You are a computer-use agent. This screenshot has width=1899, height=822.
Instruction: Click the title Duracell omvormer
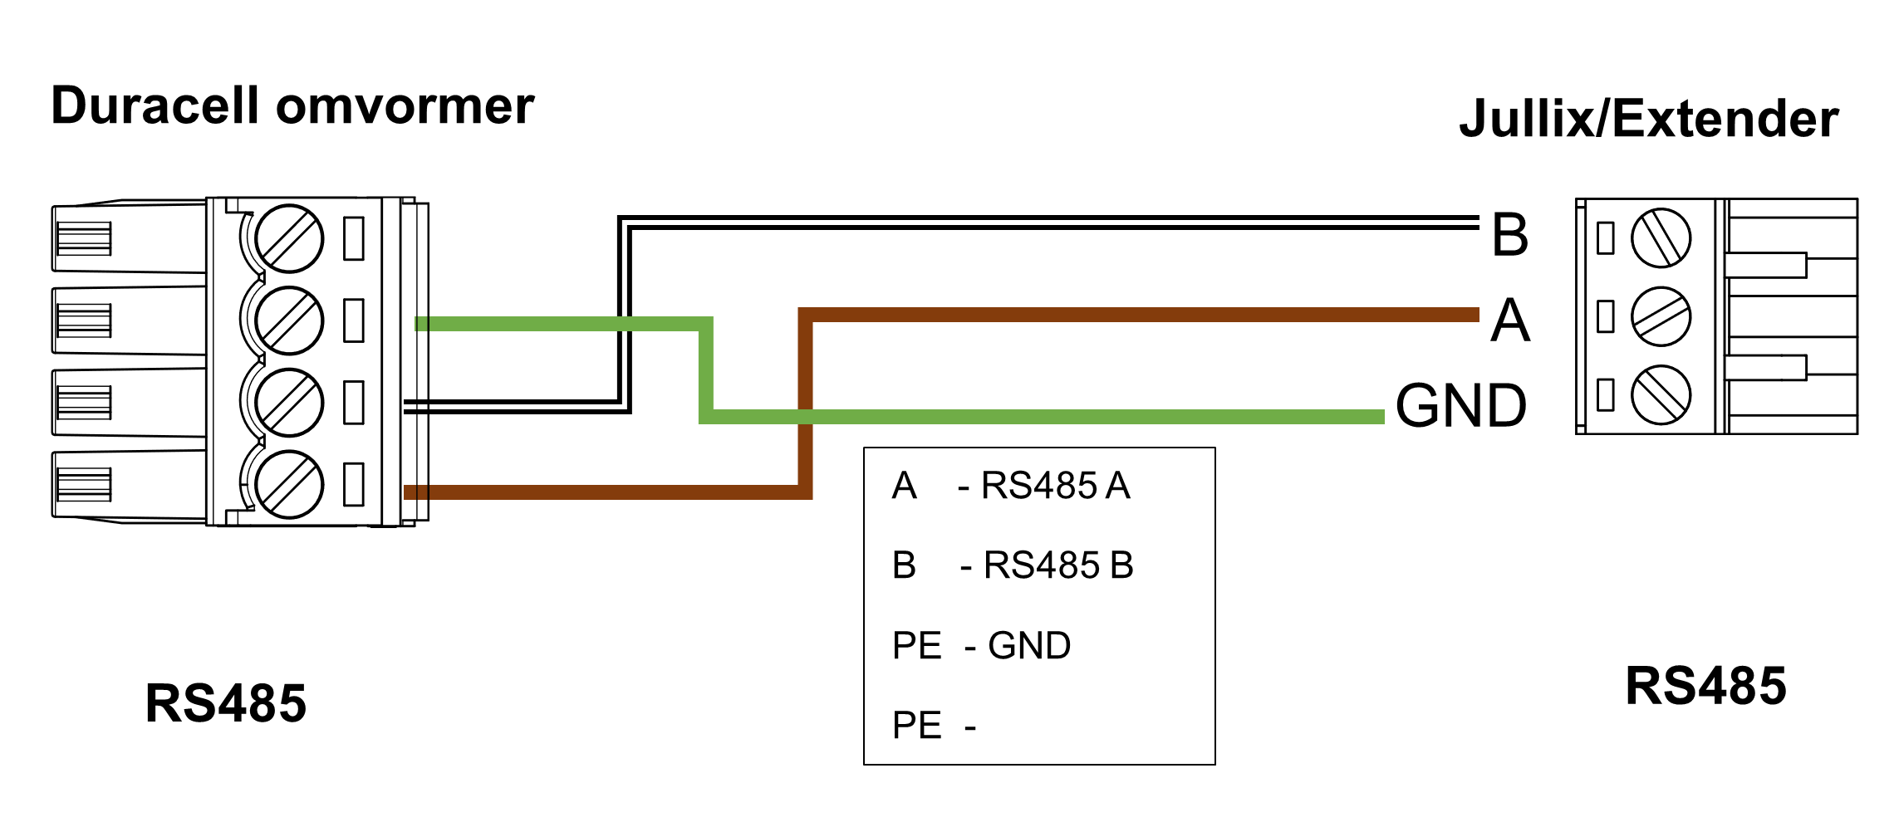click(x=292, y=106)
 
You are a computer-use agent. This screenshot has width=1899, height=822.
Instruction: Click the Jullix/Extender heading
click(x=1648, y=119)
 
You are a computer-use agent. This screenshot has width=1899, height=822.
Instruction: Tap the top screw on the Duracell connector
click(x=289, y=238)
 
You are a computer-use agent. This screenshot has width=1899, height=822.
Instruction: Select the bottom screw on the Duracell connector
click(x=289, y=484)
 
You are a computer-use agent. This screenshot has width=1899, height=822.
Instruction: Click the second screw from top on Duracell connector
click(x=289, y=320)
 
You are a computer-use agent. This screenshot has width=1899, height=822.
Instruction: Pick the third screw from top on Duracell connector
click(x=289, y=402)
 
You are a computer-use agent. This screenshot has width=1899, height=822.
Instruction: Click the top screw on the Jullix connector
click(x=1661, y=238)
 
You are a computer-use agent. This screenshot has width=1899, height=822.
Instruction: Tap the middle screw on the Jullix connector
click(x=1661, y=316)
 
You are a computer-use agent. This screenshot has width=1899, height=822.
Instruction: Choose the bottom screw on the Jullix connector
click(x=1661, y=394)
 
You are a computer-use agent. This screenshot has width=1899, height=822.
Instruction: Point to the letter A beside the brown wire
click(x=1509, y=320)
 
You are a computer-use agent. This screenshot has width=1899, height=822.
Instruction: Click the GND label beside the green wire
click(x=1460, y=406)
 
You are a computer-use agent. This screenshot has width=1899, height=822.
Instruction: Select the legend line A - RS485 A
click(x=1011, y=486)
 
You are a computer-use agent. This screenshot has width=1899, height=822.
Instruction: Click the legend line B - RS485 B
click(x=1013, y=565)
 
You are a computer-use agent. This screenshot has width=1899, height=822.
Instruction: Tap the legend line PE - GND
click(x=981, y=645)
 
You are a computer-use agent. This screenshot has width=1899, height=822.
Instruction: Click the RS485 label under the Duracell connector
click(x=225, y=703)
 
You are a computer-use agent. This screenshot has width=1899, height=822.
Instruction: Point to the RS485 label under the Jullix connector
click(x=1705, y=686)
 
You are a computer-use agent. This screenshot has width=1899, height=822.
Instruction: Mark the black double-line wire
click(x=1047, y=222)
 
